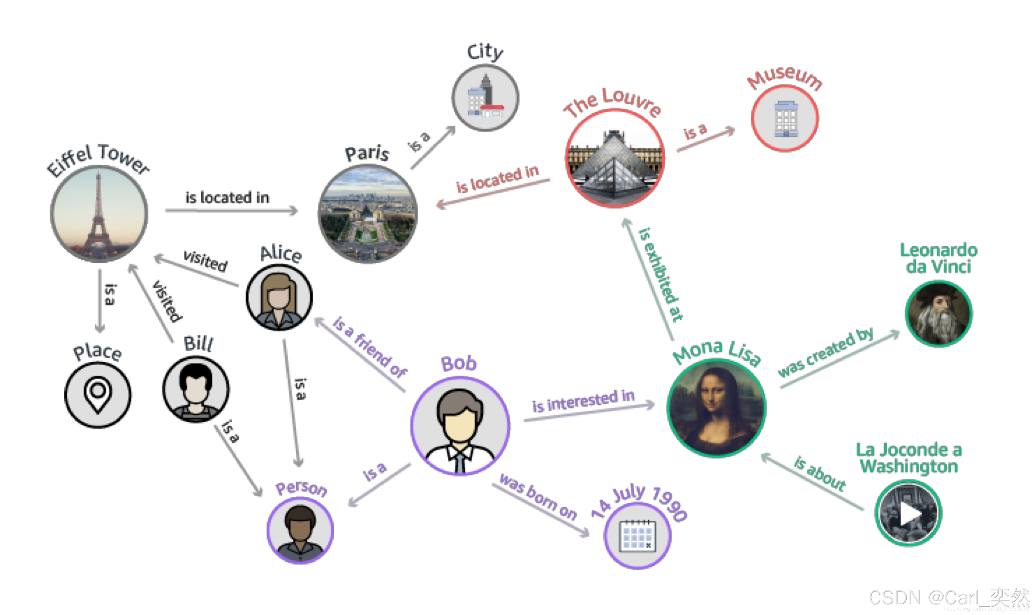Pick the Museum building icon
point(785,119)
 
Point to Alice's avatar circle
point(279,298)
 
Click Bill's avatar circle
point(196,390)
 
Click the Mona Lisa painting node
point(717,409)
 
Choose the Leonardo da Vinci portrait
point(939,314)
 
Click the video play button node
point(909,514)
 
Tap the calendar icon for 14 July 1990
point(637,536)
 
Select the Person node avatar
point(300,531)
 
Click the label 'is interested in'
point(583,401)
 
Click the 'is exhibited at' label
point(660,274)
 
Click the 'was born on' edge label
point(538,496)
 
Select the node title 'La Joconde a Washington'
point(909,458)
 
